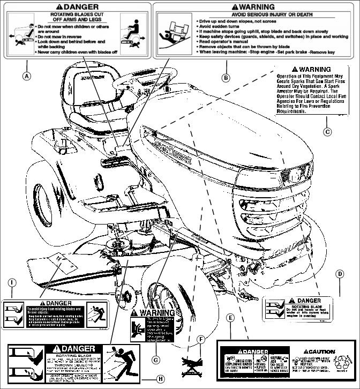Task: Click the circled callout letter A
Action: click(x=26, y=76)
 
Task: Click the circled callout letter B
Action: click(x=226, y=78)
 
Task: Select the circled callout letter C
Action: click(x=327, y=131)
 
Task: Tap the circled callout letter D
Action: click(x=340, y=273)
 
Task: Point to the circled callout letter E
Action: click(x=230, y=318)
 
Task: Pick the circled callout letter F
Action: click(x=201, y=339)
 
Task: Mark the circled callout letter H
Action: click(x=160, y=378)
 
